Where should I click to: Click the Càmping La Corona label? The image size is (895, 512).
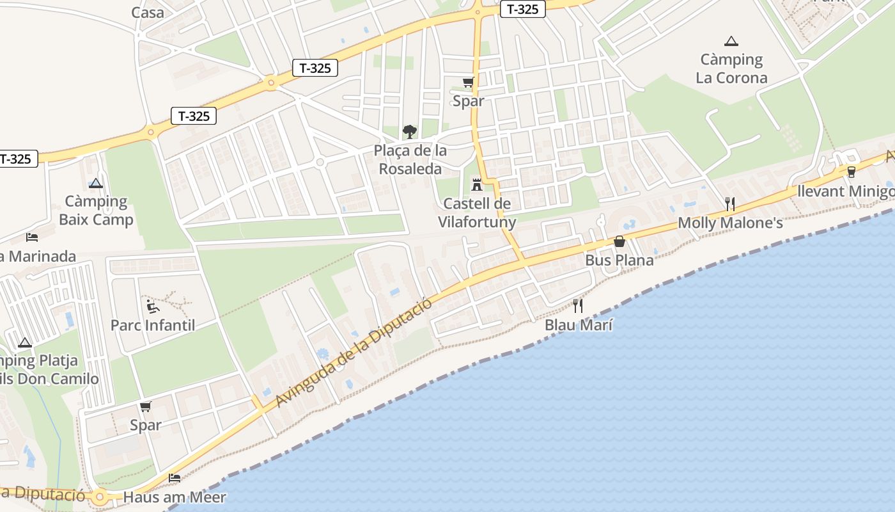click(731, 69)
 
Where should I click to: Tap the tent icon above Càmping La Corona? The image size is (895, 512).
click(731, 42)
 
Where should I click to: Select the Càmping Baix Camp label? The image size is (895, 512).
click(96, 211)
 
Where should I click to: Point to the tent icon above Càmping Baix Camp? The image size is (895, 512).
click(96, 183)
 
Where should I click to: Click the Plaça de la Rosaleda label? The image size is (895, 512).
click(410, 160)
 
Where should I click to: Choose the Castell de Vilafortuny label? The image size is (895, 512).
click(476, 213)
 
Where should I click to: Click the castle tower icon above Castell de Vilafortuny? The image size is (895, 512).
click(476, 185)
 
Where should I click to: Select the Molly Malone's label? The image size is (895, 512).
click(730, 223)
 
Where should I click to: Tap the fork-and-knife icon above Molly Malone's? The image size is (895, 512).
click(730, 204)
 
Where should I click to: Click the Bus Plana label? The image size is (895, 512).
click(619, 260)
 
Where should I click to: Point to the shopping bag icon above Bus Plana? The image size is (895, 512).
click(619, 241)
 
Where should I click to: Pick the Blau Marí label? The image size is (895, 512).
click(579, 325)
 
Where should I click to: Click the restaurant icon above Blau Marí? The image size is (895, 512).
click(578, 306)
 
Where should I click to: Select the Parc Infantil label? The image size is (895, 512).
click(153, 325)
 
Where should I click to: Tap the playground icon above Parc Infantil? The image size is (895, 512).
click(153, 307)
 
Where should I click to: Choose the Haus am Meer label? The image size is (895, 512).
click(175, 497)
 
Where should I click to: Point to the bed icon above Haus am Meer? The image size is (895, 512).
click(175, 478)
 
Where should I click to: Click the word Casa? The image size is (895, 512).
click(148, 12)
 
